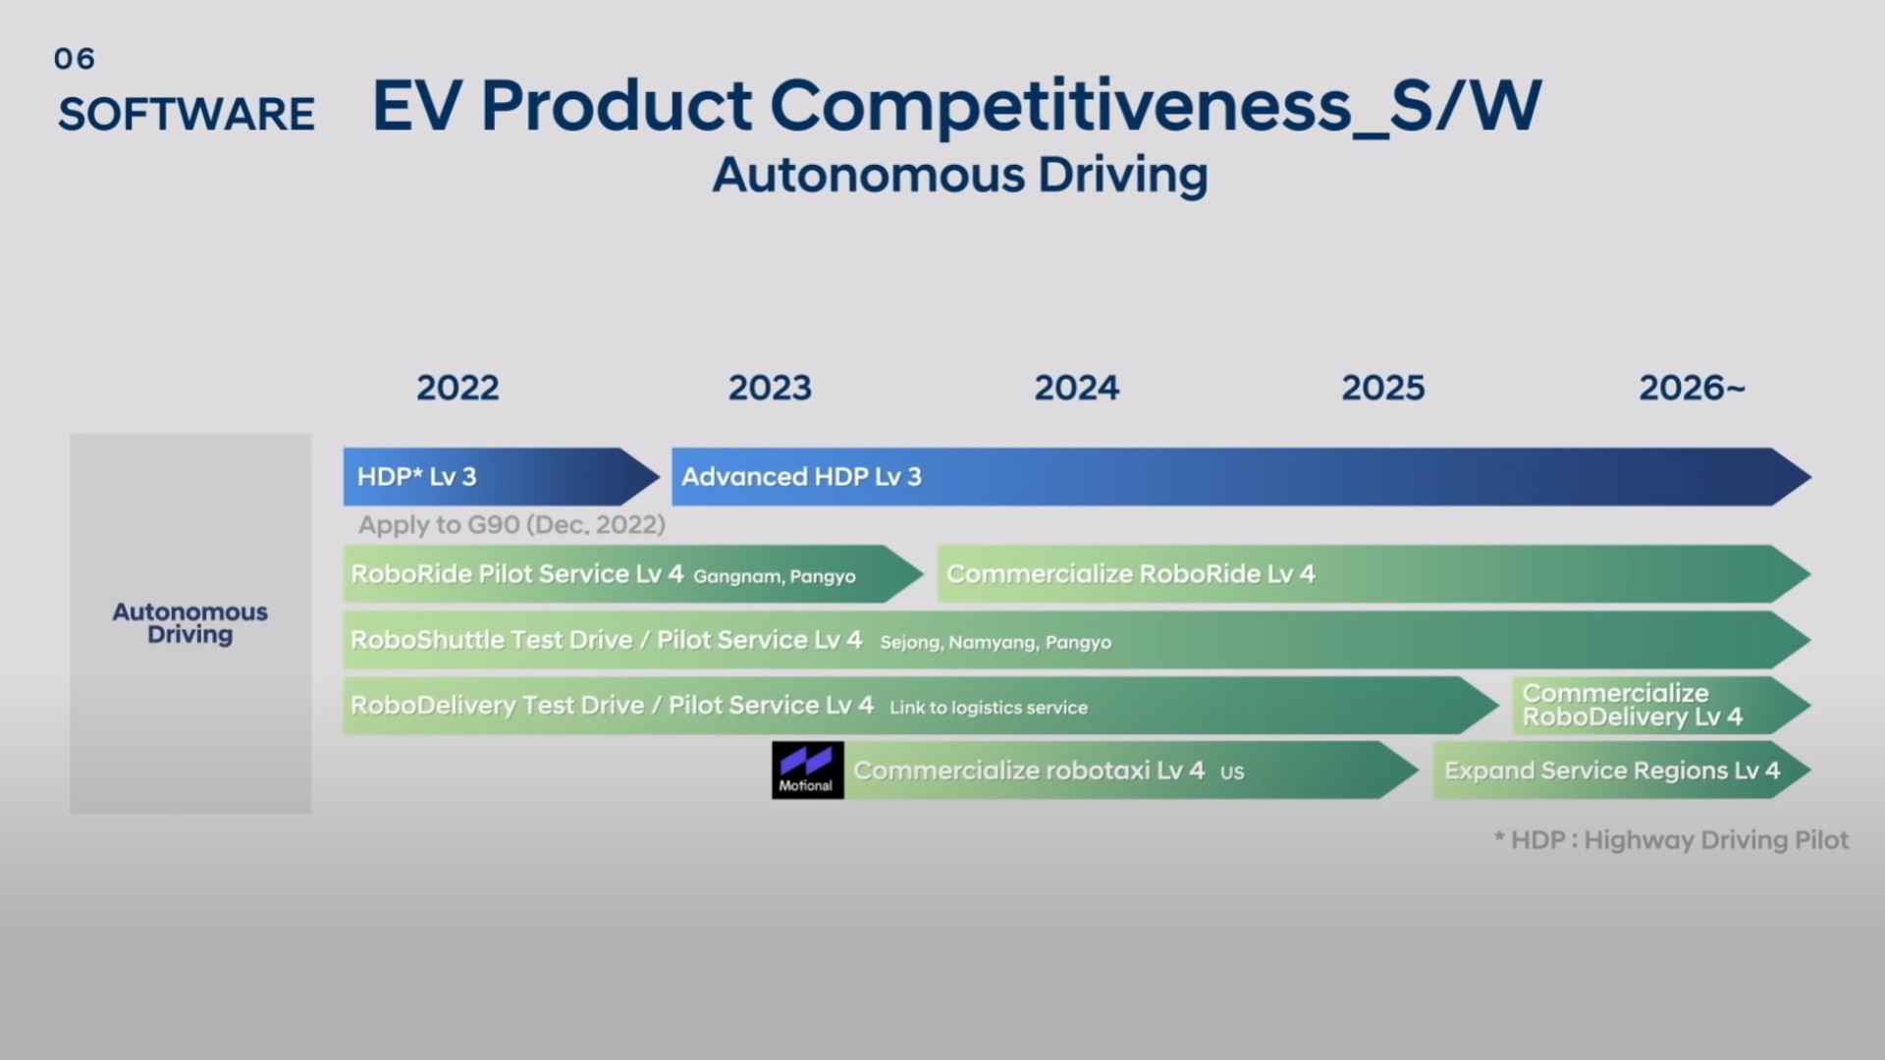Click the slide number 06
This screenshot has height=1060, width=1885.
click(75, 59)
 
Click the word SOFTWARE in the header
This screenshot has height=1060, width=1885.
click(187, 114)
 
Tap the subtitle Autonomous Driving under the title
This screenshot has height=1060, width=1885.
click(959, 176)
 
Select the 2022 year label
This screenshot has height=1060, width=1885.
click(458, 388)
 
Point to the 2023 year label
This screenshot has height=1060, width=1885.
click(770, 388)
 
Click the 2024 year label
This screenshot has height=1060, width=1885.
click(1076, 388)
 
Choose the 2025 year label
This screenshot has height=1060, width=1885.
click(1382, 388)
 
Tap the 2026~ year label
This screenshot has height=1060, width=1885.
click(1692, 388)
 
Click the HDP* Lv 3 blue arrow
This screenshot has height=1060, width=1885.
click(491, 477)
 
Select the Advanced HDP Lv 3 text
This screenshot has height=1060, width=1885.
click(801, 477)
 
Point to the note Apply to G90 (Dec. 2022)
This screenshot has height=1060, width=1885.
click(512, 525)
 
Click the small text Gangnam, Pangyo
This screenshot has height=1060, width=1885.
click(774, 576)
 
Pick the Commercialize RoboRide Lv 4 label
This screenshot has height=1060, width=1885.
click(1130, 574)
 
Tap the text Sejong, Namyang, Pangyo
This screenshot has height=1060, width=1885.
click(996, 642)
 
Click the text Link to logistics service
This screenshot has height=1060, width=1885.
click(988, 708)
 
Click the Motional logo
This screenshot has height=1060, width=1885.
click(807, 769)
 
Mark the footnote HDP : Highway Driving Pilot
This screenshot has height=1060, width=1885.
click(1671, 840)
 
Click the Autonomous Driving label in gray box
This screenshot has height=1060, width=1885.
click(189, 623)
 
